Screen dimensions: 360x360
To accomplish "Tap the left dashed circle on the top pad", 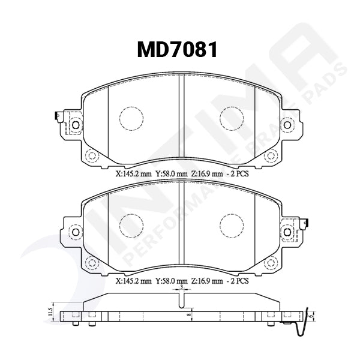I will (131, 118).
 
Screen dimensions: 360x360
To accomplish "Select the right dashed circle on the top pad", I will (231, 118).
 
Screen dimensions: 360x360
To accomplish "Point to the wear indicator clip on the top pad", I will (56, 115).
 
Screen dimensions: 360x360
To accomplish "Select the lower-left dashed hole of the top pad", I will (92, 156).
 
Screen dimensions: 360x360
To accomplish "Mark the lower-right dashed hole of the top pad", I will (271, 156).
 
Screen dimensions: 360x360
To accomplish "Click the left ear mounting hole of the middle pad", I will (75, 232).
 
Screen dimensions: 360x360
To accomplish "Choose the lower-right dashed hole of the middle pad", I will (271, 262).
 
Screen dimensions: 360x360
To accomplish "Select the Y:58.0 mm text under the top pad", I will (172, 173).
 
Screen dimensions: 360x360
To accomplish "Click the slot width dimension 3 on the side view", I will (181, 288).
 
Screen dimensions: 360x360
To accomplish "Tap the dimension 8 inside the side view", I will (187, 313).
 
